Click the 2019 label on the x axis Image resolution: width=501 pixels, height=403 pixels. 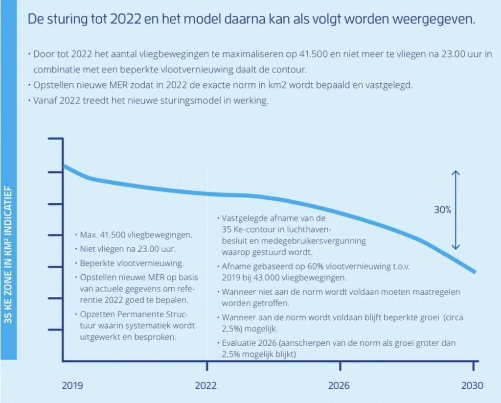point(72,385)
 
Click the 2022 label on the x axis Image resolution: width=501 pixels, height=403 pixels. point(206,385)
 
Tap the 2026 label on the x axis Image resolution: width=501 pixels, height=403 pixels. point(339,385)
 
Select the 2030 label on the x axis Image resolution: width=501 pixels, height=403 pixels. point(472,385)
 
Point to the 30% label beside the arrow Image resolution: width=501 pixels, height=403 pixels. point(442,210)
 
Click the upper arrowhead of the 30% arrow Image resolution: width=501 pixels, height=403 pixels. point(455,172)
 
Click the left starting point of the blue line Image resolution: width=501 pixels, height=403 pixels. point(64,166)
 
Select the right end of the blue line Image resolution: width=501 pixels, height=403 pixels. point(475,272)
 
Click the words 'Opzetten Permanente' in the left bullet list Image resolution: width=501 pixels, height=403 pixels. point(117,314)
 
